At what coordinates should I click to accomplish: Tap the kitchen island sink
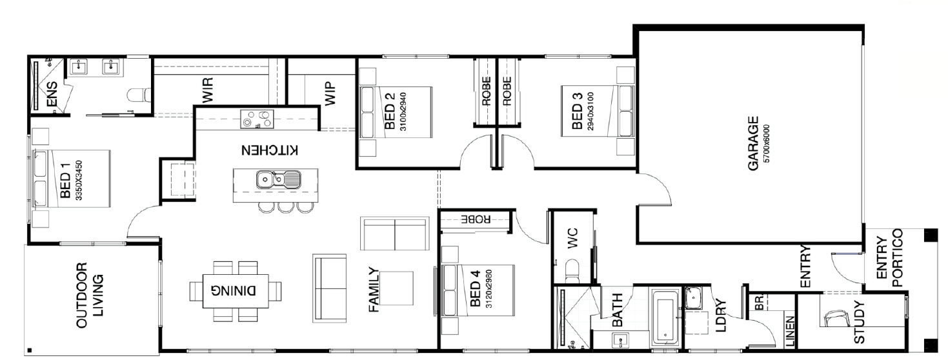(276, 179)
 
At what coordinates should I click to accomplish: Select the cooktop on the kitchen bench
(257, 119)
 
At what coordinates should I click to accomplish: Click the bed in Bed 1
(71, 179)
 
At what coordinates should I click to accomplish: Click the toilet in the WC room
(572, 270)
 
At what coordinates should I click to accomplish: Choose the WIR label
(207, 91)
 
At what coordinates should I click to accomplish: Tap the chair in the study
(837, 319)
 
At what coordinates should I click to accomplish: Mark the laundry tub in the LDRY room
(696, 299)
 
